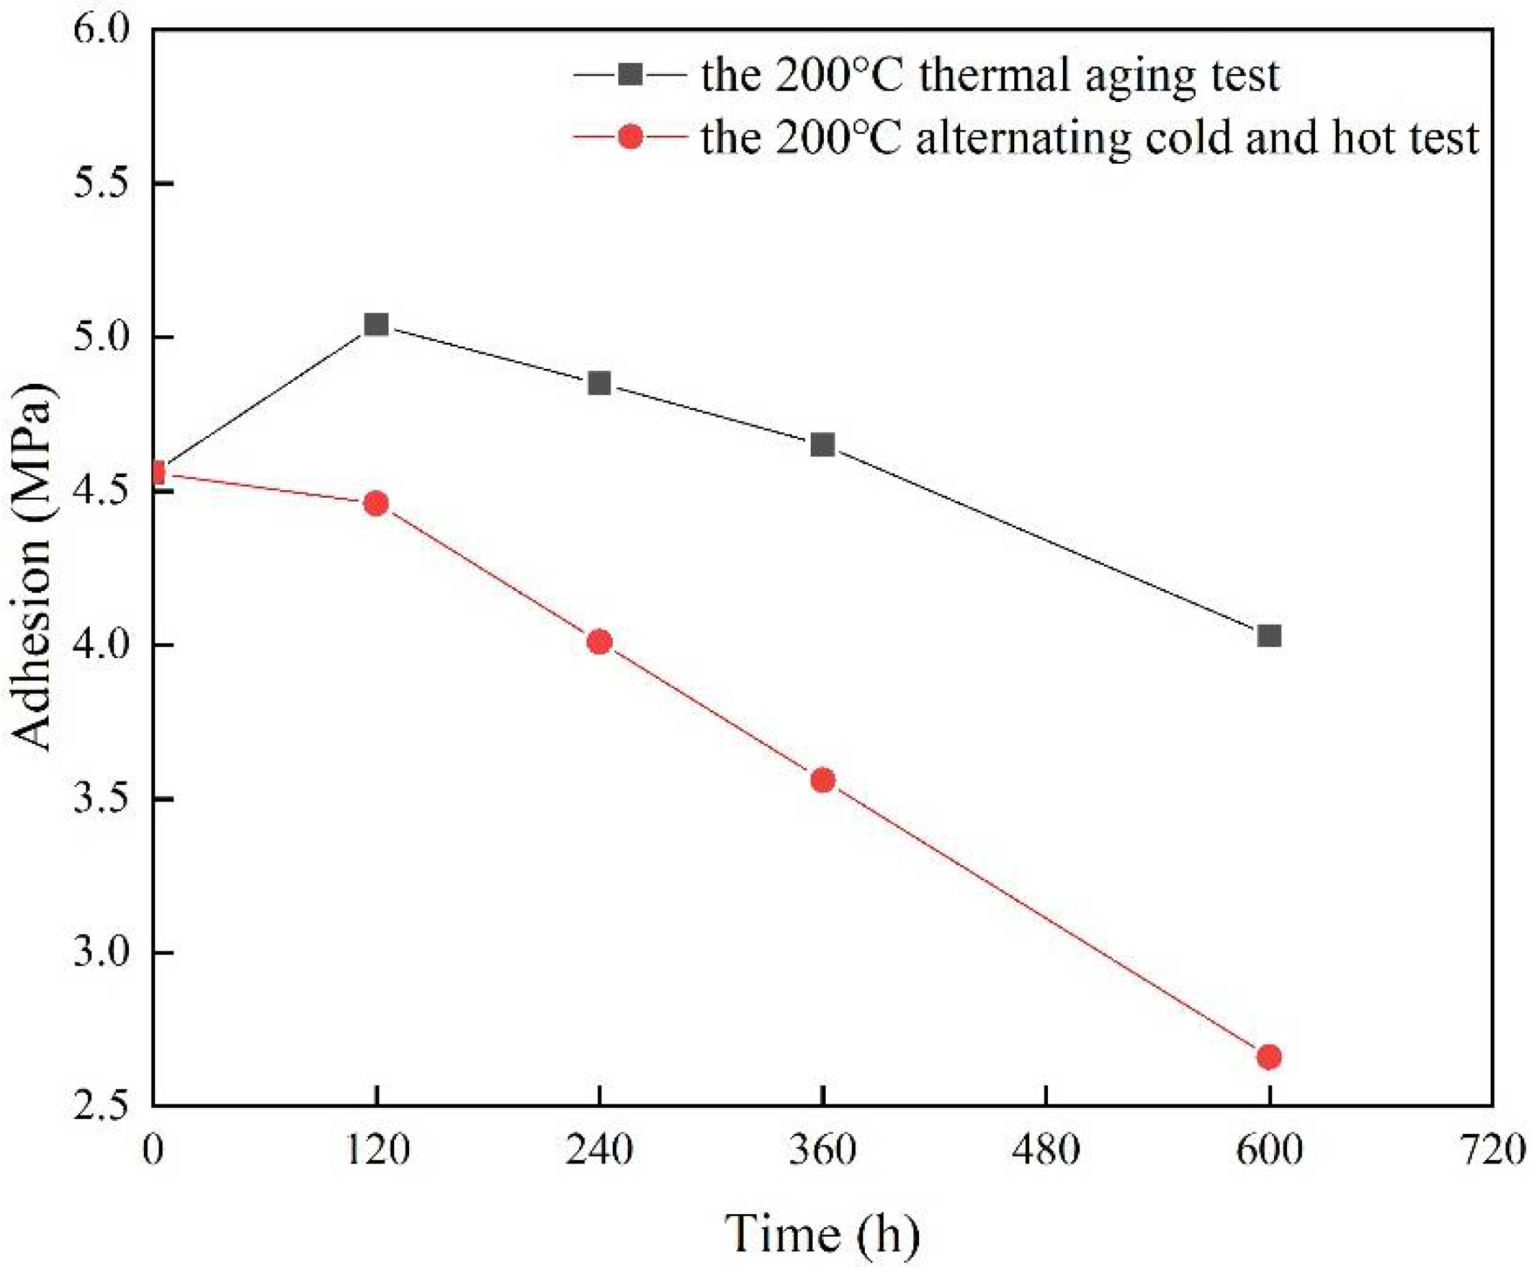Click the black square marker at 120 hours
[x=376, y=324]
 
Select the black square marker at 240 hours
[x=599, y=383]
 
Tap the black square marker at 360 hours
[x=822, y=444]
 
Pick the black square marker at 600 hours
[x=1269, y=635]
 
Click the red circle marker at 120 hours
[x=376, y=503]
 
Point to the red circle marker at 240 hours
[x=599, y=642]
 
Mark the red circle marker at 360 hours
[x=822, y=780]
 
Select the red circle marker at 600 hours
[x=1269, y=1056]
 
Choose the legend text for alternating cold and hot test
[x=1090, y=137]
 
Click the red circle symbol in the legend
[x=630, y=136]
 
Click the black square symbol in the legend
[x=630, y=74]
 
